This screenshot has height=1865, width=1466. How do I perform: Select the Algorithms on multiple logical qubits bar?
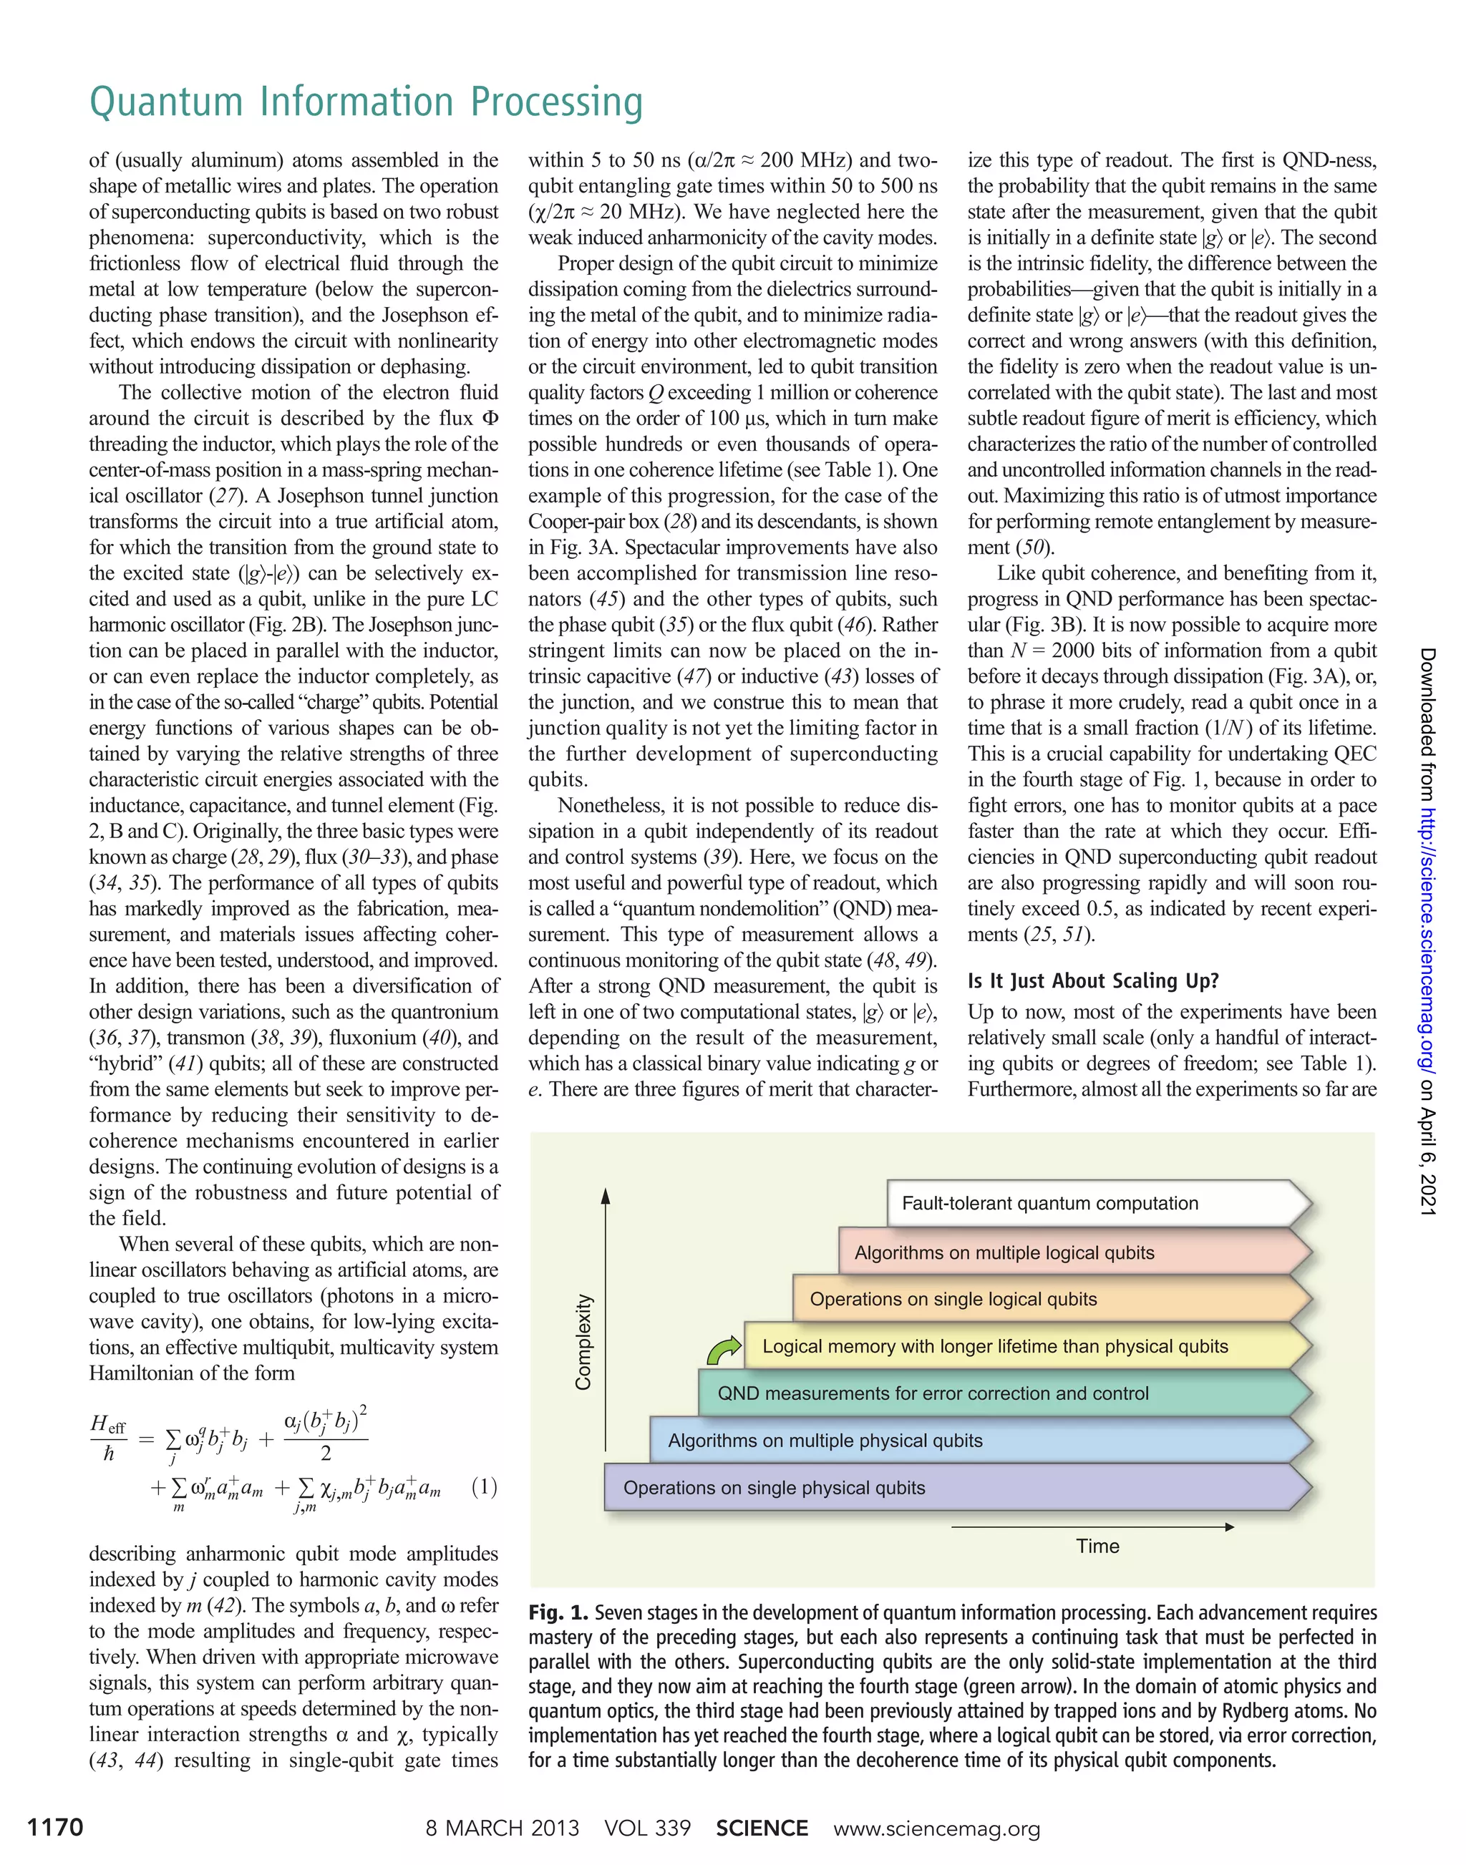click(x=1004, y=1252)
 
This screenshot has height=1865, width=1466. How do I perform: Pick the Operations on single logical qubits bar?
click(x=953, y=1300)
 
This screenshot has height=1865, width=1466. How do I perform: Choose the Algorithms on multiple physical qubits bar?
click(x=825, y=1440)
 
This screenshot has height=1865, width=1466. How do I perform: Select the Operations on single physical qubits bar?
click(x=775, y=1487)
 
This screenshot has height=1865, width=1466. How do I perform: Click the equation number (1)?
click(x=484, y=1486)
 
